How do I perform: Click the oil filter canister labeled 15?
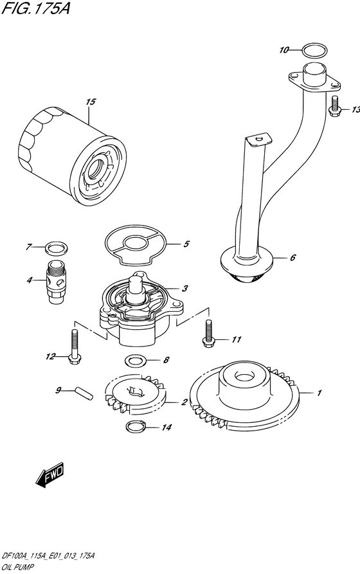click(x=72, y=158)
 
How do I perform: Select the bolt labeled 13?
click(x=335, y=107)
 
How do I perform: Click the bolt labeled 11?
click(x=208, y=333)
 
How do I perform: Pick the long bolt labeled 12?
click(x=75, y=346)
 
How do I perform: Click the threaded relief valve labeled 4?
click(x=57, y=281)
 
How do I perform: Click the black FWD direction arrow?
click(x=50, y=476)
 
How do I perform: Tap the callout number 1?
click(x=319, y=393)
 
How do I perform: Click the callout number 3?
click(x=185, y=289)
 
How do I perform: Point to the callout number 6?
click(x=292, y=258)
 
